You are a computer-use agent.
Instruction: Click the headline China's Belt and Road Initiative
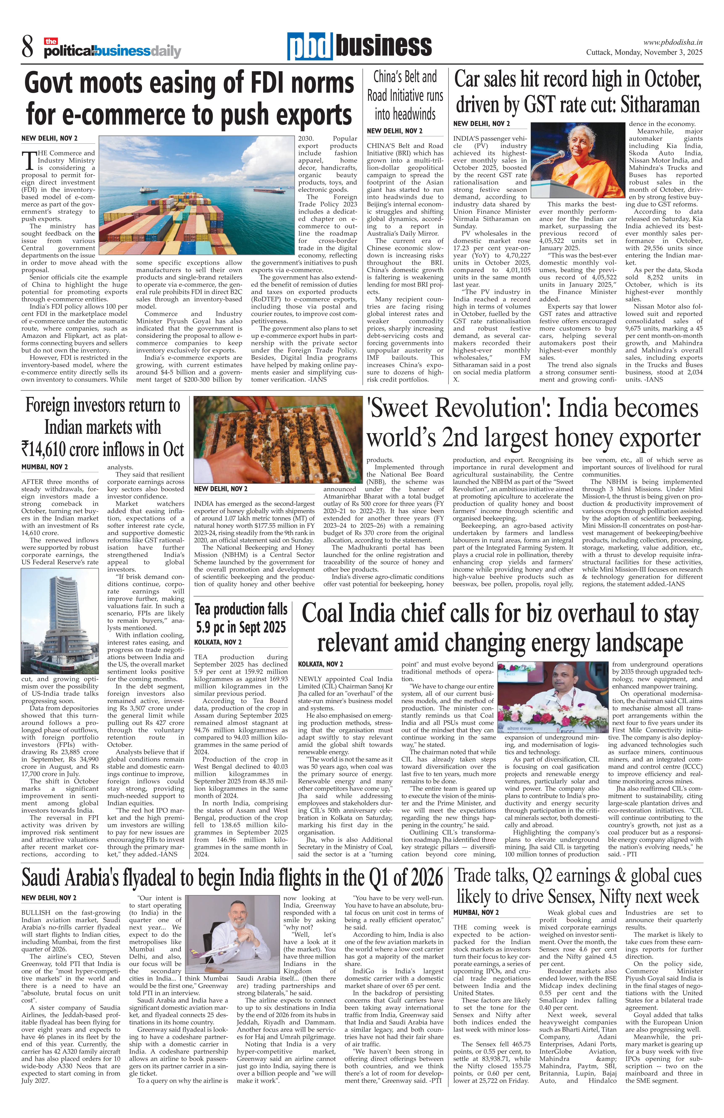click(405, 95)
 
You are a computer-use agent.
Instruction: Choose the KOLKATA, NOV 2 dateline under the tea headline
click(218, 642)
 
